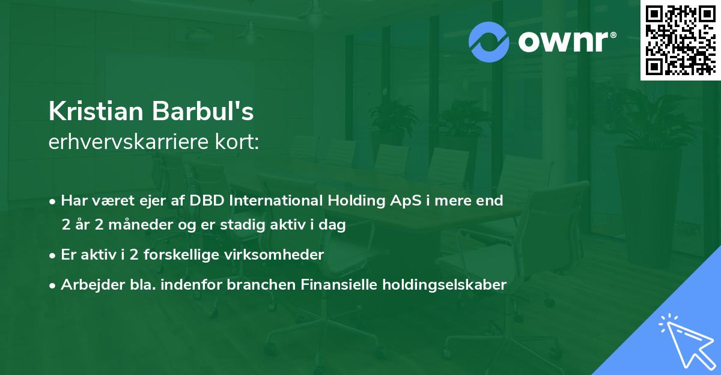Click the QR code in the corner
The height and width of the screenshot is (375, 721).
tap(680, 40)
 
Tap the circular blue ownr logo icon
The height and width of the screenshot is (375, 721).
tap(489, 41)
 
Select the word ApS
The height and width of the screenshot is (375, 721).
tap(406, 201)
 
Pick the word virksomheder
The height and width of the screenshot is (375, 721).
tap(279, 255)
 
